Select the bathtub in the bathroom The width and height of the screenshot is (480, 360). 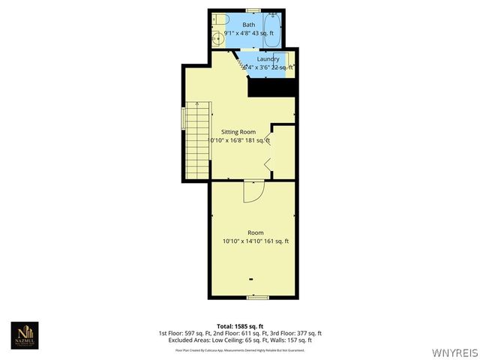pyautogui.click(x=274, y=27)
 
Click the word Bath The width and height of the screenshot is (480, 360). pyautogui.click(x=248, y=25)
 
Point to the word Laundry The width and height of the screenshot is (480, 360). pyautogui.click(x=268, y=59)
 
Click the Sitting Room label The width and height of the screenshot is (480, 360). pyautogui.click(x=238, y=132)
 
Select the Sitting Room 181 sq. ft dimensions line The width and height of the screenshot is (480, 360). pyautogui.click(x=239, y=140)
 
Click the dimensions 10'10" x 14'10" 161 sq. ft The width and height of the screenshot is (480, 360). pyautogui.click(x=256, y=241)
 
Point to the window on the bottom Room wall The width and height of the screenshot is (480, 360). pyautogui.click(x=258, y=297)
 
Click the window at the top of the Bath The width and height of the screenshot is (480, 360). pyautogui.click(x=253, y=10)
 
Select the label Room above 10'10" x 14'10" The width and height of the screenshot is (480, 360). pyautogui.click(x=256, y=232)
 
